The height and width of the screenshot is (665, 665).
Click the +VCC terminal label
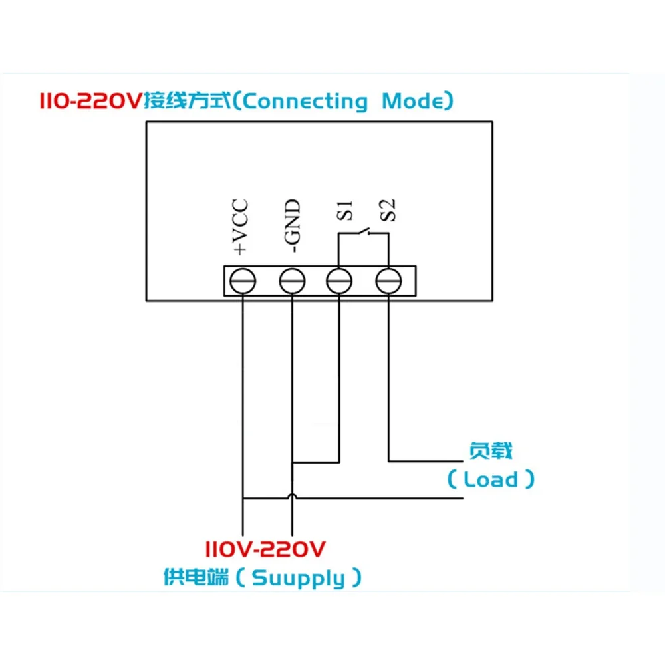[x=240, y=226]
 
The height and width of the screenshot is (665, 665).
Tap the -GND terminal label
[x=292, y=226]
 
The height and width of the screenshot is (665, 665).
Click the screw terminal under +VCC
[x=243, y=282]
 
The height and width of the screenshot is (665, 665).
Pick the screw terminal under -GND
[x=291, y=282]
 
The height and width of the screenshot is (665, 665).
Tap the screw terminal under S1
[x=339, y=282]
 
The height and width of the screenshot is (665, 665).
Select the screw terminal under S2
[x=388, y=282]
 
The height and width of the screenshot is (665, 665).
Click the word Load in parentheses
[x=491, y=479]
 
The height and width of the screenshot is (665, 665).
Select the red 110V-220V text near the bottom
[x=265, y=550]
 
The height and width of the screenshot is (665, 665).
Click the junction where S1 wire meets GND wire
[x=292, y=463]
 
